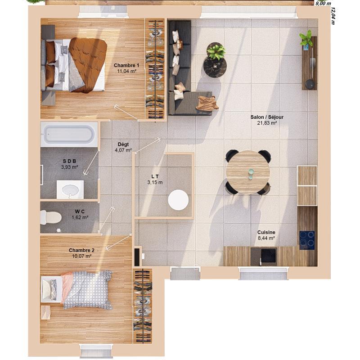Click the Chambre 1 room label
(x=126, y=65)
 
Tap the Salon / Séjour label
(x=267, y=117)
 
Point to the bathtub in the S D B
(x=69, y=134)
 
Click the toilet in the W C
(x=50, y=217)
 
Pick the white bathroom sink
(x=70, y=189)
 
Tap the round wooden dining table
(x=248, y=172)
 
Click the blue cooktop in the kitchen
(x=307, y=239)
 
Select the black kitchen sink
(x=268, y=256)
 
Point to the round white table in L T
(x=178, y=200)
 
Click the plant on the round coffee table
(x=216, y=51)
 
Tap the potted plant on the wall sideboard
(x=307, y=39)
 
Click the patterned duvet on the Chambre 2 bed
(x=88, y=289)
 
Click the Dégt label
(x=123, y=144)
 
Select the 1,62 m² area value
(x=80, y=217)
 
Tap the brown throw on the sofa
(x=207, y=103)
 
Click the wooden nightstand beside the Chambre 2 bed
(x=45, y=312)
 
